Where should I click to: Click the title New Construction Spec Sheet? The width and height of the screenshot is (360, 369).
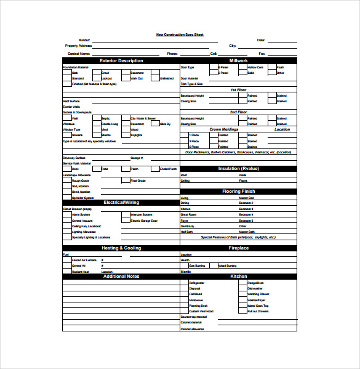(179, 34)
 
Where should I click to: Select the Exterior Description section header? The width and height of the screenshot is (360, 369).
(121, 60)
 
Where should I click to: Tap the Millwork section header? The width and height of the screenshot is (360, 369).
(238, 60)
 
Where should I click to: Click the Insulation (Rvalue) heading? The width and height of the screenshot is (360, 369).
(238, 168)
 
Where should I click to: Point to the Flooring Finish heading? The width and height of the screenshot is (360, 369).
(238, 192)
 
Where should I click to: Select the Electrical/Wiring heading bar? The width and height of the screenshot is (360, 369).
(121, 202)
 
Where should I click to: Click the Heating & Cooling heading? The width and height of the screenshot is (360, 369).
(121, 248)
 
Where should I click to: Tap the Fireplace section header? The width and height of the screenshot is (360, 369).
(238, 248)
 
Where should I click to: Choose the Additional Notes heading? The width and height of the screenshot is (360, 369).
(121, 276)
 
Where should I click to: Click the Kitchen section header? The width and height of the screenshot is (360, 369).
(238, 276)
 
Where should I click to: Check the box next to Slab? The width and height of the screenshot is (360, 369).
(66, 73)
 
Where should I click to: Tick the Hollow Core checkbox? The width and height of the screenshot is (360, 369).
(243, 67)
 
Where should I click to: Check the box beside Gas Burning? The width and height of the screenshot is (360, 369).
(185, 266)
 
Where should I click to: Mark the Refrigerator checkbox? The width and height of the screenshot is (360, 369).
(185, 283)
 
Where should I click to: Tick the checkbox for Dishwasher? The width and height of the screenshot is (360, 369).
(243, 288)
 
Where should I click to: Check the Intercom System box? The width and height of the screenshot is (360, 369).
(126, 214)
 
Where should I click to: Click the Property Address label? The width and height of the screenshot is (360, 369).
(78, 46)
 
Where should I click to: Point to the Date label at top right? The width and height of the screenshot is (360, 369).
(261, 40)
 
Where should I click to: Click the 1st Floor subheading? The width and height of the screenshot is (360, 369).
(238, 89)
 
